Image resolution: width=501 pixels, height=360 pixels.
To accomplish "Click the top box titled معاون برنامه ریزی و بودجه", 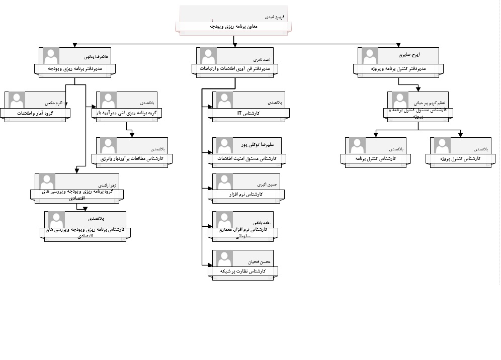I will [232, 26].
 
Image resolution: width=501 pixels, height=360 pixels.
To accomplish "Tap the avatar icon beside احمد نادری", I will [208, 55].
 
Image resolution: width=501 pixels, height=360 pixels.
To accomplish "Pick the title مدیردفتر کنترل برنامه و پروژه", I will [398, 68].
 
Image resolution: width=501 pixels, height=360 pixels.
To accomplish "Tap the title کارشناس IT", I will [248, 113].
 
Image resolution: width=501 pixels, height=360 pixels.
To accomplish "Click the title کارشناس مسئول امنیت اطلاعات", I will [246, 158].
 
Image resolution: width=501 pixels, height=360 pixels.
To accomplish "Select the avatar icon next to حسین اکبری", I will [222, 182].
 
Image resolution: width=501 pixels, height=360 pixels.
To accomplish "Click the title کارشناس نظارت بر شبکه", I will [242, 272].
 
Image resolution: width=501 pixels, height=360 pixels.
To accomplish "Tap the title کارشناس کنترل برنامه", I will [375, 159].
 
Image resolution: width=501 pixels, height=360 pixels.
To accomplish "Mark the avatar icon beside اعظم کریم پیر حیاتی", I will [400, 100].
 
